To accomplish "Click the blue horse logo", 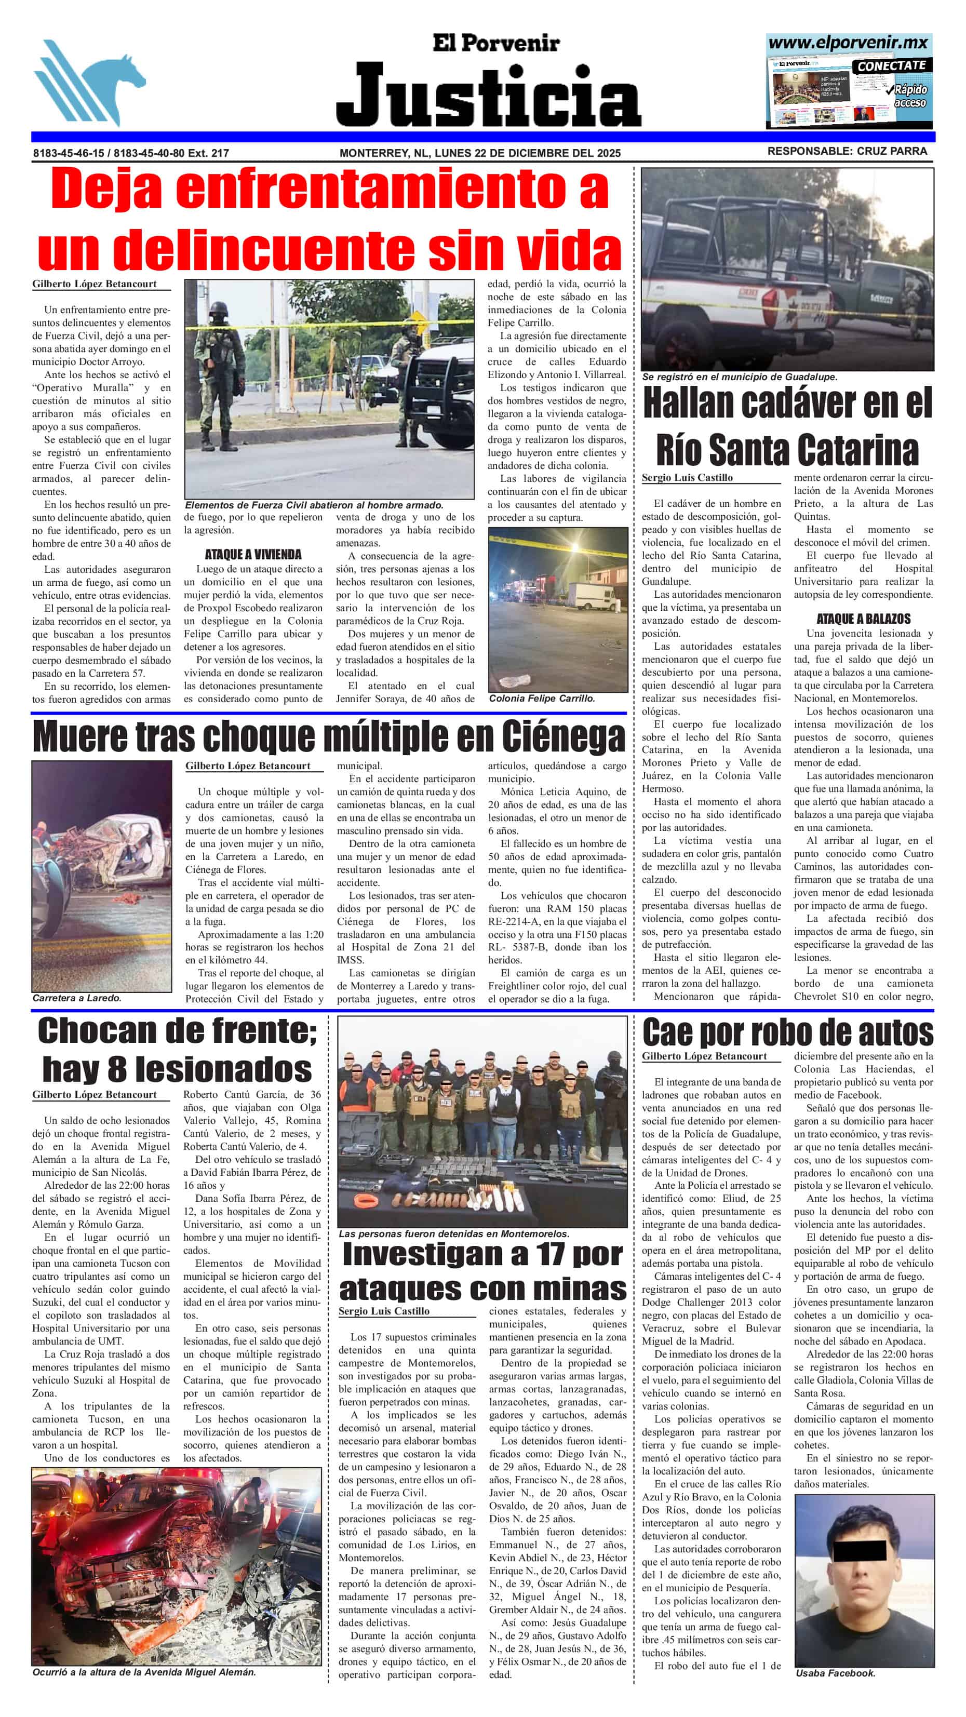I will [89, 82].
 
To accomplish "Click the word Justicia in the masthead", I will [488, 96].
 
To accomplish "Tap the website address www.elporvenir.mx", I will [848, 43].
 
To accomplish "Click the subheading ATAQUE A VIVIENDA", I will [253, 555].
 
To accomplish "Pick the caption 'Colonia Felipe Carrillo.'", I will [541, 699].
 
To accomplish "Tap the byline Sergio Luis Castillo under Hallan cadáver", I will [687, 478].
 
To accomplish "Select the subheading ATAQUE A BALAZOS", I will [863, 619].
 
